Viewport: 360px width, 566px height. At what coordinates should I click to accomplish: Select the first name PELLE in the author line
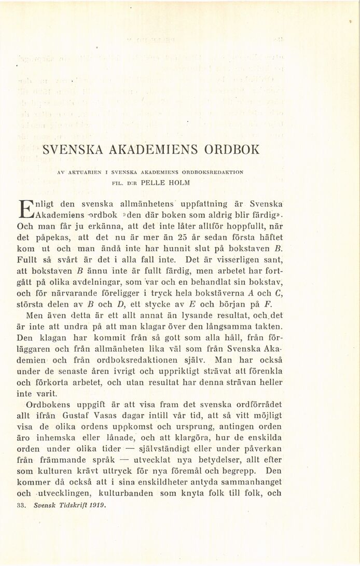coord(149,182)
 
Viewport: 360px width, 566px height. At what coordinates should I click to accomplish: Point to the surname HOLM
coord(179,182)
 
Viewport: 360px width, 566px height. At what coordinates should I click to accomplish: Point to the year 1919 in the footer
coord(97,504)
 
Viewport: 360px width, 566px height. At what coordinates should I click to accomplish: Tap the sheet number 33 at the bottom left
coord(22,504)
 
